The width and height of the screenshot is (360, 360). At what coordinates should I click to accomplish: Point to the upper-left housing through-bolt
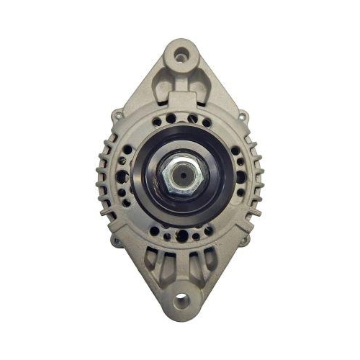[117, 114]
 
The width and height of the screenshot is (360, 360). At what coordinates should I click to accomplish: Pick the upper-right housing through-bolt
[243, 114]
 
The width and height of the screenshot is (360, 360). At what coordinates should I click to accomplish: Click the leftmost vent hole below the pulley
[153, 231]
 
